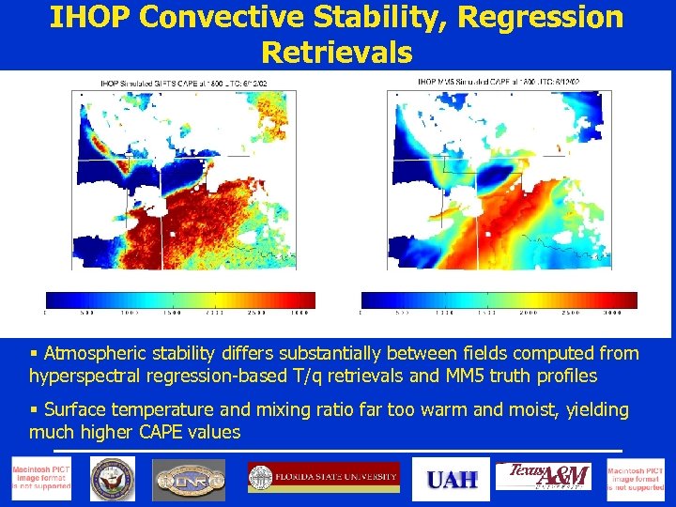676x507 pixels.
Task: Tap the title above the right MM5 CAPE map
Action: (498, 82)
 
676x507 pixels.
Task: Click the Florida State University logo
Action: (323, 478)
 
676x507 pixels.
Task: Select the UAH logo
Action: (453, 480)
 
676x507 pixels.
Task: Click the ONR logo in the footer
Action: (189, 480)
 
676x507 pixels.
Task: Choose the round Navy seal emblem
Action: (113, 480)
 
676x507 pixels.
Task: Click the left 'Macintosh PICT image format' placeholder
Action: (40, 480)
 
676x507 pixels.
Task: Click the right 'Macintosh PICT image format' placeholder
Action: (635, 480)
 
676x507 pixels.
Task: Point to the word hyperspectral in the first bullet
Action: (83, 376)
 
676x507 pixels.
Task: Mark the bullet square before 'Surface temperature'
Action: (34, 410)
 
